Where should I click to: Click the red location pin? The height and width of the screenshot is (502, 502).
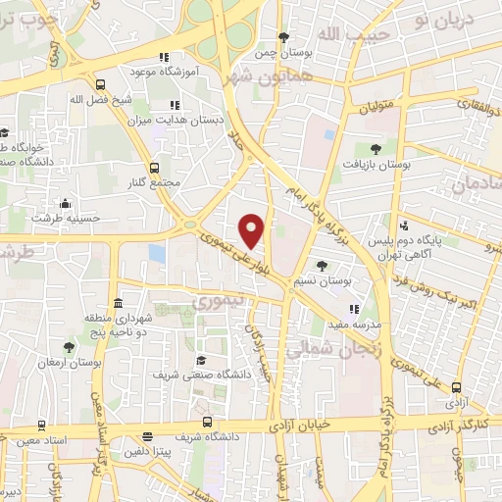(252, 229)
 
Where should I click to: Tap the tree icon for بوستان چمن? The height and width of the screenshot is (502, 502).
(283, 38)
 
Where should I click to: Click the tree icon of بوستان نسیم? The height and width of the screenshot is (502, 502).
(323, 266)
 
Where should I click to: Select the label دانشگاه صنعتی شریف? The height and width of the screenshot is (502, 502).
(202, 375)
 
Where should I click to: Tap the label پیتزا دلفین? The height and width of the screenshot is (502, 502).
(148, 452)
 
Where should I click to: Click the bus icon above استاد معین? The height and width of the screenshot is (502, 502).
(40, 426)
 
